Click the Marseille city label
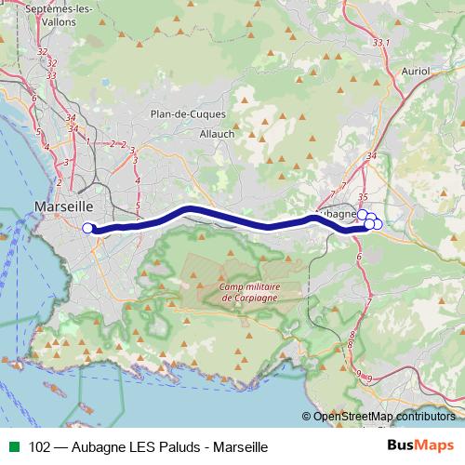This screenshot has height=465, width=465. pyautogui.click(x=63, y=206)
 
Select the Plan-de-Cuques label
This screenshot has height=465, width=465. pyautogui.click(x=183, y=113)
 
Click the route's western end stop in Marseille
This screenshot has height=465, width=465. pyautogui.click(x=87, y=228)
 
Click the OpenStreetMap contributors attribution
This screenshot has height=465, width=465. pyautogui.click(x=384, y=417)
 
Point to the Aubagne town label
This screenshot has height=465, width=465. pyautogui.click(x=337, y=213)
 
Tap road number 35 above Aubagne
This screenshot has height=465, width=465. pyautogui.click(x=364, y=196)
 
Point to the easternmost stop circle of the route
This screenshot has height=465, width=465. pyautogui.click(x=377, y=223)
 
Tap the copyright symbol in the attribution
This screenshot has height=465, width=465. pyautogui.click(x=307, y=417)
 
